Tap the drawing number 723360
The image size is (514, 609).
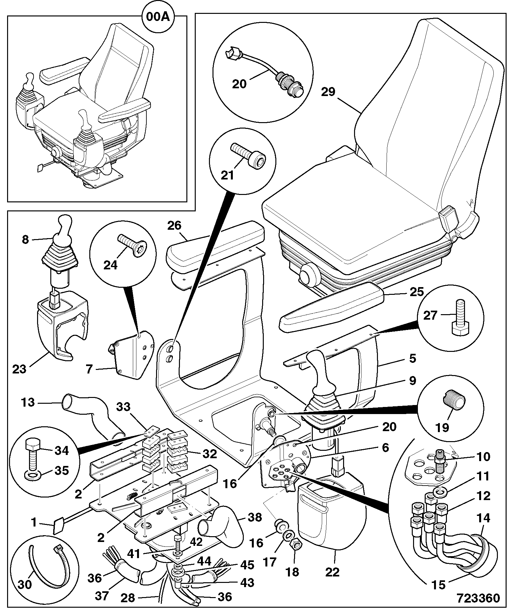coord(478,598)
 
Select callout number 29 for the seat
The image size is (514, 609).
coord(328,92)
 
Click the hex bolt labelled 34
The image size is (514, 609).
coord(32,455)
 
